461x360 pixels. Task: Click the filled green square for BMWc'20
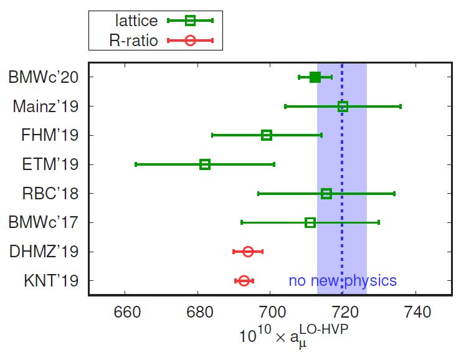point(315,77)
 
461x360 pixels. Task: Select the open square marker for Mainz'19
point(343,107)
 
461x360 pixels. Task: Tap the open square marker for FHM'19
point(267,135)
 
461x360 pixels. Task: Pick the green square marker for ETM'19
point(205,164)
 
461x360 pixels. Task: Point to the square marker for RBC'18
point(326,194)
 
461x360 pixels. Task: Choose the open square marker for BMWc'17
point(310,222)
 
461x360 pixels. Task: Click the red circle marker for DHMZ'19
point(248,252)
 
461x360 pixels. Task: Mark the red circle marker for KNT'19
point(244,281)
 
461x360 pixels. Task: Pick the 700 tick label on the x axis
point(270,311)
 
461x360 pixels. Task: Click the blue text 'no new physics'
point(343,281)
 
